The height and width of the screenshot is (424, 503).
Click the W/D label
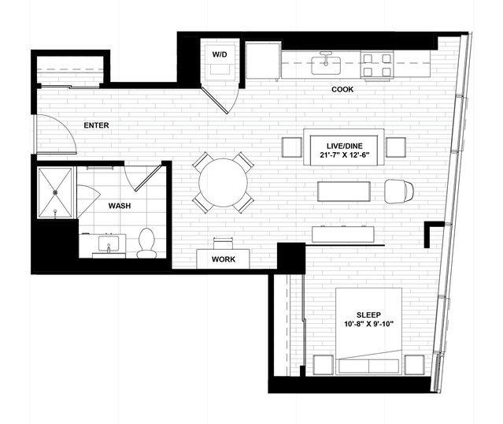[220, 54]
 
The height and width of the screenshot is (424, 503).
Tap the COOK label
[342, 89]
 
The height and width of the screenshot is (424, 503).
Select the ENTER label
[96, 125]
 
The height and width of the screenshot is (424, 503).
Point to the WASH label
[120, 206]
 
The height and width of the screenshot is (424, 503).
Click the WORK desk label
[224, 259]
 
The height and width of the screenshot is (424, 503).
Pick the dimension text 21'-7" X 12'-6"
[345, 154]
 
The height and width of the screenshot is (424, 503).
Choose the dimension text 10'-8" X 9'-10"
[368, 324]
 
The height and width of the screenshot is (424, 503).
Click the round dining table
[223, 183]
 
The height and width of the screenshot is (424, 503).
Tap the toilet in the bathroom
[146, 244]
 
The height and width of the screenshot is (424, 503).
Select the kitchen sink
[326, 65]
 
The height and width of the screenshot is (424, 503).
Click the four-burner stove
[377, 65]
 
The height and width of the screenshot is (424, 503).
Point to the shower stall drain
[55, 192]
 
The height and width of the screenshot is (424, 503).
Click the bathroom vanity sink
[109, 244]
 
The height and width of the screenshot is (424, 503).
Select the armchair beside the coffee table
[399, 192]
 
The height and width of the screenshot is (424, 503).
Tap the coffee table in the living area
[344, 192]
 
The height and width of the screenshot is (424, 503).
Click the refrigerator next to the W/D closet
[263, 61]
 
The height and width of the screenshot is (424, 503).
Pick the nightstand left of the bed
[323, 365]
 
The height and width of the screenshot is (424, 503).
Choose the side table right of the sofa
[396, 147]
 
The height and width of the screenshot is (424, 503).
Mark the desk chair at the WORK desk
[223, 244]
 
